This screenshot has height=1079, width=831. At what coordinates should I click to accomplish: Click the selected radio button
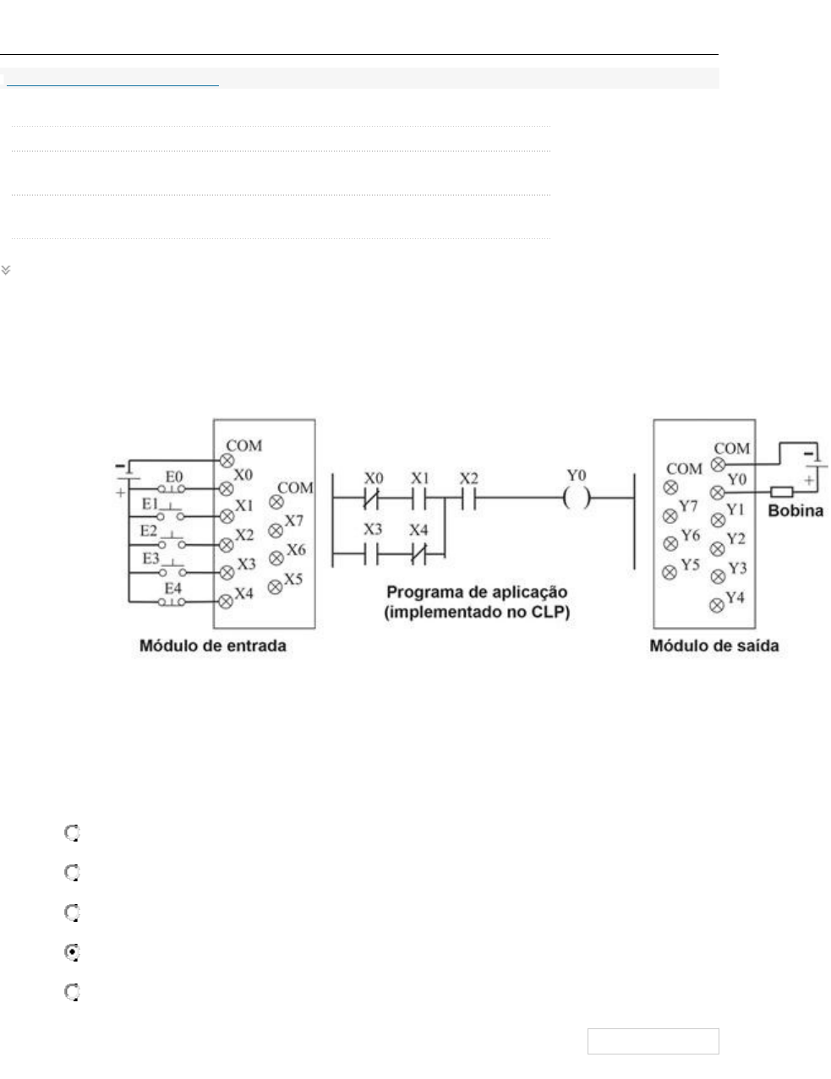(x=73, y=952)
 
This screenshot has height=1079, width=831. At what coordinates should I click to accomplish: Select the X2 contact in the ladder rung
(x=468, y=499)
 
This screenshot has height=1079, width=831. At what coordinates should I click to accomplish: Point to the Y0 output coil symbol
(x=576, y=499)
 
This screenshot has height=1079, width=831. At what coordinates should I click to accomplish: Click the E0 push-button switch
(x=174, y=488)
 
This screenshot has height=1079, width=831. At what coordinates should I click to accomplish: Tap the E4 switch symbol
(x=173, y=602)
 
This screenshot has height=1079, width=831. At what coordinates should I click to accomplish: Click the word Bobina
(x=795, y=511)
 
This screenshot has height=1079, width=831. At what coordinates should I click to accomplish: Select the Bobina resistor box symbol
(x=781, y=492)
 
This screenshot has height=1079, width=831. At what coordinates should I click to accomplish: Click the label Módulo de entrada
(x=212, y=646)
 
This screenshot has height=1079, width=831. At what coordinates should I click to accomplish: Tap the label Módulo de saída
(x=714, y=646)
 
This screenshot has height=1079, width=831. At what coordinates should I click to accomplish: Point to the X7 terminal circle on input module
(x=276, y=531)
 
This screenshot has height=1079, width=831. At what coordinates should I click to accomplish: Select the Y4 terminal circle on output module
(x=717, y=603)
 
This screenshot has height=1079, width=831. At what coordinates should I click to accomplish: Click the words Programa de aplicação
(x=477, y=592)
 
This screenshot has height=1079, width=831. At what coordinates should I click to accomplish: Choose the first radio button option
(x=73, y=833)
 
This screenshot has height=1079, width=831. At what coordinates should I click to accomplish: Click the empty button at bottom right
(x=653, y=1041)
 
